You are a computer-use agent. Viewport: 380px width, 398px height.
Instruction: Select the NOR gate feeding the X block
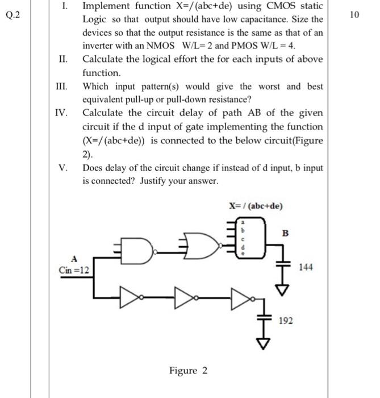[x=202, y=245]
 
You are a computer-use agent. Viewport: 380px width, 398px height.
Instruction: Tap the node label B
[x=286, y=233]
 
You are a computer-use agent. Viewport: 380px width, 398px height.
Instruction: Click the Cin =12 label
[x=73, y=268]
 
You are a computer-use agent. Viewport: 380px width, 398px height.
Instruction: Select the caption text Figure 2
[x=188, y=371]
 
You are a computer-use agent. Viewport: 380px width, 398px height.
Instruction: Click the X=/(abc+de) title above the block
[x=255, y=206]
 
